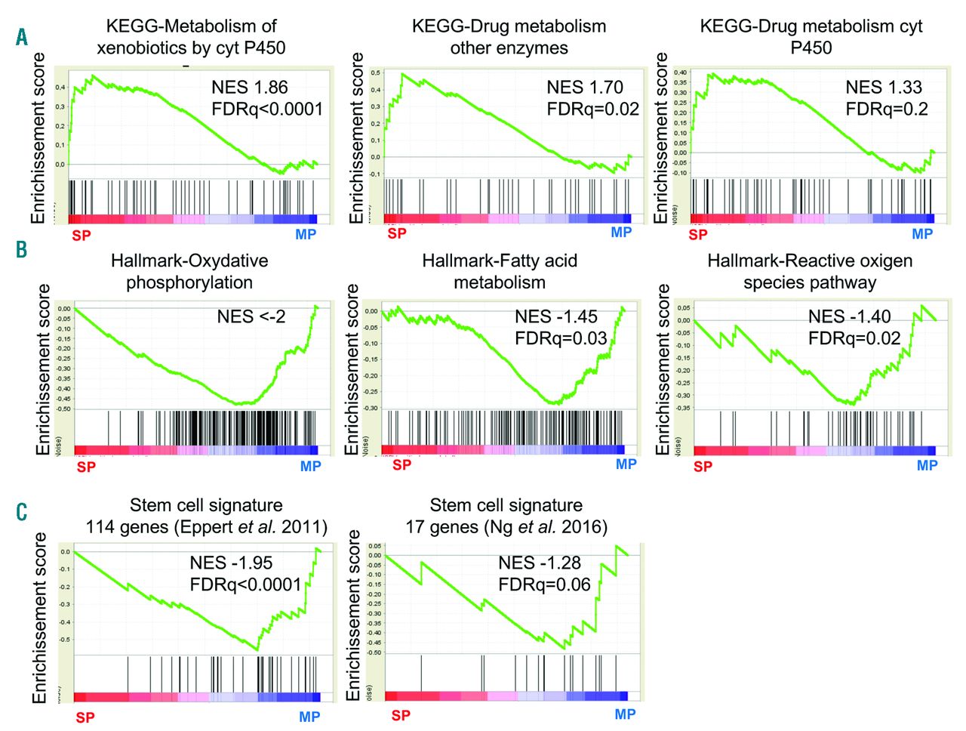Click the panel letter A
(x=22, y=36)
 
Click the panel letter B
(x=21, y=250)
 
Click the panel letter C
(x=21, y=513)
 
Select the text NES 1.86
(x=249, y=87)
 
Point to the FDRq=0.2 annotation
(x=887, y=109)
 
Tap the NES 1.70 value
(x=585, y=87)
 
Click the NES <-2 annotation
(x=251, y=316)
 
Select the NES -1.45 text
(x=556, y=316)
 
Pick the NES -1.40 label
(x=849, y=316)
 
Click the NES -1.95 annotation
(x=231, y=563)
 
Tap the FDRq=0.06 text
(x=544, y=584)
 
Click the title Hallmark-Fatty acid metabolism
(x=500, y=272)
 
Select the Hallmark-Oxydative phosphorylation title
(x=189, y=272)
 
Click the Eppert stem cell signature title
(x=206, y=516)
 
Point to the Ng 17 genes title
(x=506, y=516)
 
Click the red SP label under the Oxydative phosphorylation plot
(x=86, y=467)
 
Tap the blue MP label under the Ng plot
(x=625, y=714)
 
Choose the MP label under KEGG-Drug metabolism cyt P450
(x=922, y=234)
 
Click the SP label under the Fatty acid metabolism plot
(x=401, y=464)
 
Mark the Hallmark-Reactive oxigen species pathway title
(x=810, y=272)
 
